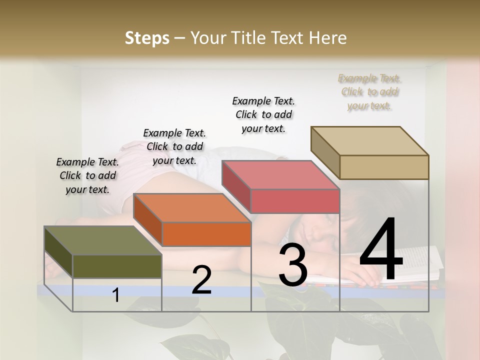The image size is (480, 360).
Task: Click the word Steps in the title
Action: [x=147, y=38]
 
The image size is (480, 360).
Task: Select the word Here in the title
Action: [x=328, y=38]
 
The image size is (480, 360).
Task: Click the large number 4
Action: [x=381, y=250]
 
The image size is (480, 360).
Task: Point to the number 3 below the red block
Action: [x=292, y=265]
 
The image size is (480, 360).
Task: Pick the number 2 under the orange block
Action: [x=201, y=280]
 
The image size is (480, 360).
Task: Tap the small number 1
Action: [x=116, y=295]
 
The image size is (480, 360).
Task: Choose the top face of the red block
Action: [x=280, y=175]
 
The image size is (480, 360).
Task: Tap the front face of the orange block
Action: [x=206, y=234]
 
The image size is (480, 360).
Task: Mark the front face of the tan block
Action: [x=384, y=167]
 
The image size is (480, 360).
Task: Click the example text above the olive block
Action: [x=87, y=175]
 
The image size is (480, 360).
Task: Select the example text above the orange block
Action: [x=174, y=146]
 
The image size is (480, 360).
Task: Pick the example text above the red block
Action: [x=263, y=114]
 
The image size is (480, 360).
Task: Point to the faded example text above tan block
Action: [x=369, y=92]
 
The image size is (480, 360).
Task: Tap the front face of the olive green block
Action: [x=117, y=266]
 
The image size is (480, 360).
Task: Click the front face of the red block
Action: [x=295, y=201]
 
